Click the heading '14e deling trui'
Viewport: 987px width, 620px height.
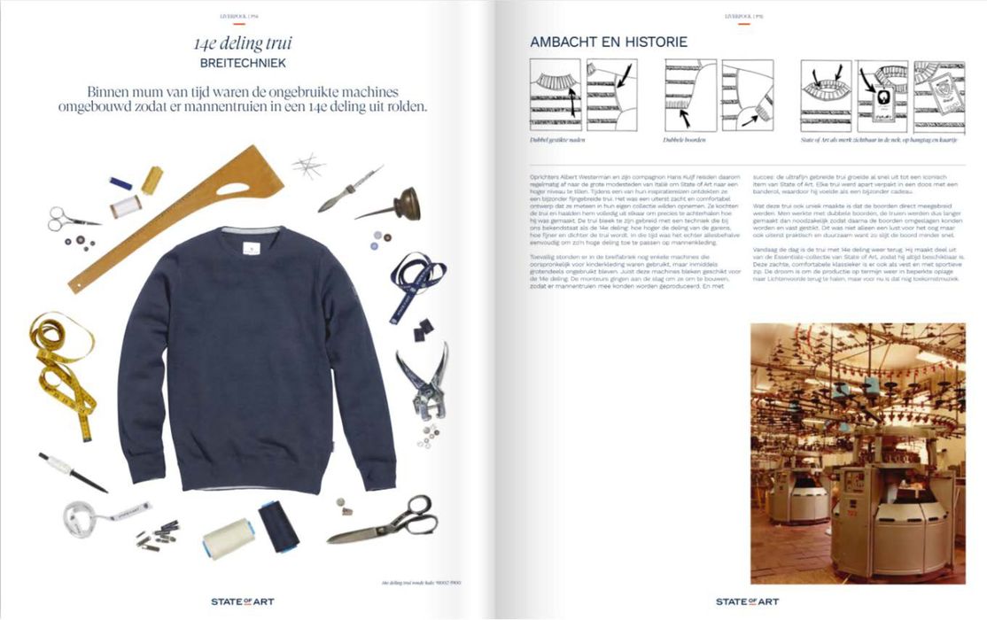pos(242,43)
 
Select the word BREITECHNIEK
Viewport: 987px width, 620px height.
pos(242,64)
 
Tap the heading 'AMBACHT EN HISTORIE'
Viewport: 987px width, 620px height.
pos(608,42)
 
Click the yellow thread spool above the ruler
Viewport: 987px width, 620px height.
pos(152,180)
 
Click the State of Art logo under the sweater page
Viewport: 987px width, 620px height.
pos(242,601)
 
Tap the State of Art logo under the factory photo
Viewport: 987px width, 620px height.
pos(747,601)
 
